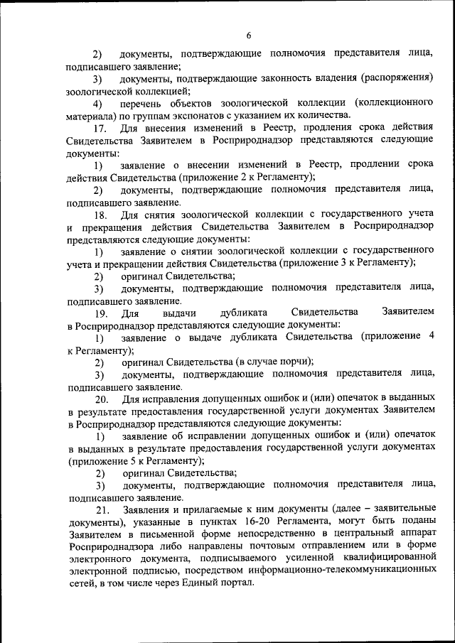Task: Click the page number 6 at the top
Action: click(x=249, y=36)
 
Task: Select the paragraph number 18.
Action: click(x=100, y=214)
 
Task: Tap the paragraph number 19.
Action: click(x=100, y=312)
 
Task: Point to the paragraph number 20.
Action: click(x=100, y=399)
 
